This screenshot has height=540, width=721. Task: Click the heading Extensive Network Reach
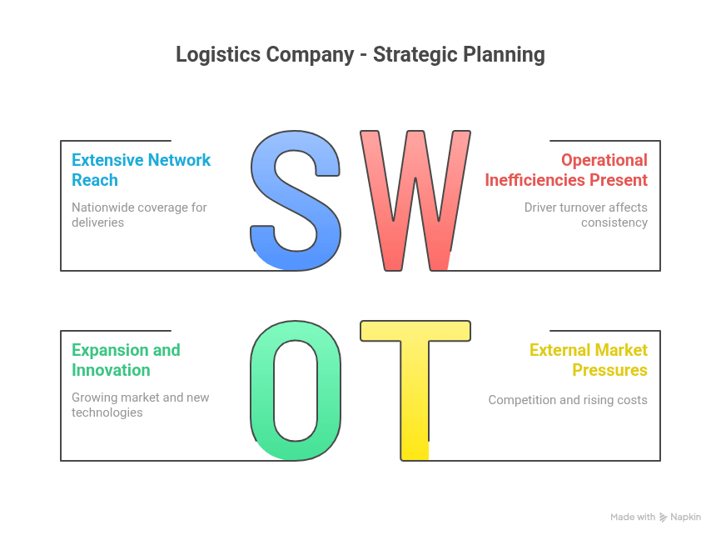click(x=141, y=170)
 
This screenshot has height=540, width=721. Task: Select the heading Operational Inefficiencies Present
click(x=566, y=170)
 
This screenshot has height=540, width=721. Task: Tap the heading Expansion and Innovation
click(x=126, y=360)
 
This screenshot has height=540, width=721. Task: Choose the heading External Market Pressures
click(x=588, y=360)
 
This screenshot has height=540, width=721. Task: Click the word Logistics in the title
click(x=218, y=55)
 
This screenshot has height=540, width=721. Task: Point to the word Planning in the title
click(x=504, y=55)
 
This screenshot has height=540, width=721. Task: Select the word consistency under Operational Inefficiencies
click(x=614, y=222)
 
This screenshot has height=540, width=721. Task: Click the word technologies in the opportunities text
click(x=107, y=412)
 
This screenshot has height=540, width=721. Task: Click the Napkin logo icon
click(x=663, y=517)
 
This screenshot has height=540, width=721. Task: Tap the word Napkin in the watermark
click(x=685, y=517)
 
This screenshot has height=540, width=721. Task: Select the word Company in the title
click(x=311, y=55)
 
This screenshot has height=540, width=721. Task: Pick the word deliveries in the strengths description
click(x=98, y=222)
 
